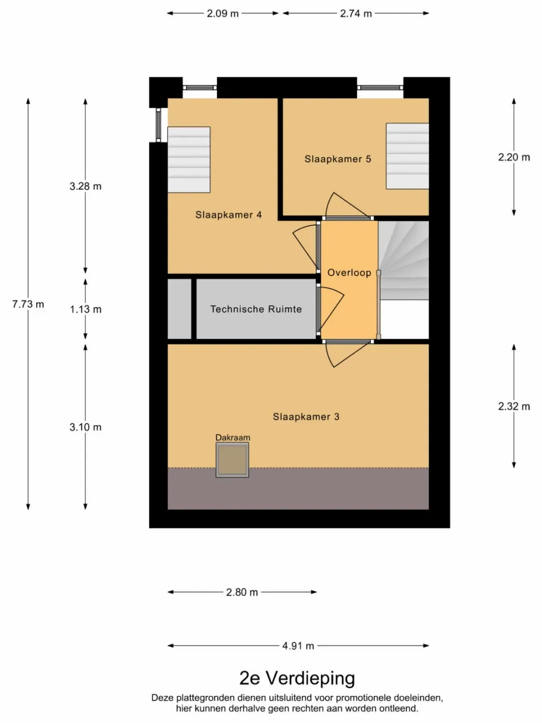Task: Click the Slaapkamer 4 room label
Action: [x=228, y=215]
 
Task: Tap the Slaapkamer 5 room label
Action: [x=338, y=159]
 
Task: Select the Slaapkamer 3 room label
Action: [x=306, y=417]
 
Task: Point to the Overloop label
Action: [x=349, y=273]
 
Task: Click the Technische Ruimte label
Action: [x=256, y=309]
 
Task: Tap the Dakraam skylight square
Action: [x=232, y=460]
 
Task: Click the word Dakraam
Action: [x=233, y=437]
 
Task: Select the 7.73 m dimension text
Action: [x=28, y=304]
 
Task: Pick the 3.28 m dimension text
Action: [x=85, y=186]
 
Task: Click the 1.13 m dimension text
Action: [x=85, y=309]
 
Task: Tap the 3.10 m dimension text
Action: [x=85, y=427]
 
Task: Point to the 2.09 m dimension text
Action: [x=222, y=13]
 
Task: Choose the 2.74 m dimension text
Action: [x=356, y=13]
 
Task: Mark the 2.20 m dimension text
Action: [x=514, y=157]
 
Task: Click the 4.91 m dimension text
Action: [x=298, y=646]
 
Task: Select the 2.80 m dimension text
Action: [x=242, y=592]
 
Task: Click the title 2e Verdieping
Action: [x=297, y=678]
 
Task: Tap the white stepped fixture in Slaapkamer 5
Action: [x=407, y=156]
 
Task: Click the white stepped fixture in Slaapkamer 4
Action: [x=189, y=160]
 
